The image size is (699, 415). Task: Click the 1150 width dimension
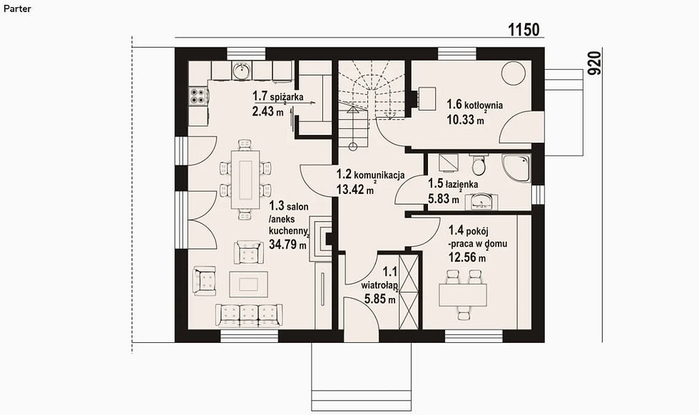click(524, 30)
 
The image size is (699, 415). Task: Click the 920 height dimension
click(594, 63)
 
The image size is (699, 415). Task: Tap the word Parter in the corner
click(17, 9)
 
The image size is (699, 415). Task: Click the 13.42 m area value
click(355, 190)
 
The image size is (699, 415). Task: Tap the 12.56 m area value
click(466, 257)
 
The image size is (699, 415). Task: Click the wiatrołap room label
click(379, 285)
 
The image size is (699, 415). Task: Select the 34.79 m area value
click(287, 245)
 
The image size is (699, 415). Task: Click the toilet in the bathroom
click(479, 165)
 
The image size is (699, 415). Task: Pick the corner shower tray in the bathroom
click(516, 168)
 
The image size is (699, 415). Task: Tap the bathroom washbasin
click(481, 201)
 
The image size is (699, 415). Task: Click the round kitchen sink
click(241, 71)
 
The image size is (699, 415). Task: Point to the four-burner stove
click(198, 96)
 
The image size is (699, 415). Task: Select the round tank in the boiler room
click(514, 72)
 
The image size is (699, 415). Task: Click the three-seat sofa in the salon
click(249, 316)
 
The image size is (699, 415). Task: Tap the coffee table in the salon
click(248, 284)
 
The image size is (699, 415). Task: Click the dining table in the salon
click(245, 180)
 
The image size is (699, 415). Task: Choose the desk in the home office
click(462, 295)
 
